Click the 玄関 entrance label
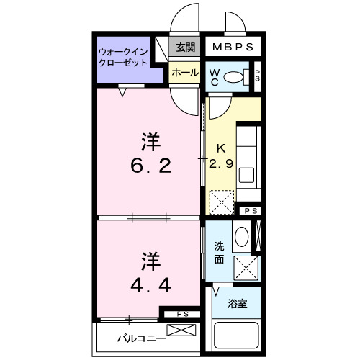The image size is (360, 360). point(185,48)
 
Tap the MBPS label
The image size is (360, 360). point(233,48)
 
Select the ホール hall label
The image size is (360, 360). point(185,73)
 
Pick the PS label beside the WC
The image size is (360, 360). point(257,76)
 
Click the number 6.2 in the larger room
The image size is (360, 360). point(150,156)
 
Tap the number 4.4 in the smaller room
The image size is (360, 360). point(150,273)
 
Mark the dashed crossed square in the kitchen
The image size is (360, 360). point(221,201)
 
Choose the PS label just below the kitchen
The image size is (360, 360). point(249,210)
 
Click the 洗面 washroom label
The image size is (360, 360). point(220,249)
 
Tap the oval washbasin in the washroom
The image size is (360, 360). point(243,236)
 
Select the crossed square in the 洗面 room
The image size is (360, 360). point(248,269)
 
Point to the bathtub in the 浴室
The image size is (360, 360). point(238,336)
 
